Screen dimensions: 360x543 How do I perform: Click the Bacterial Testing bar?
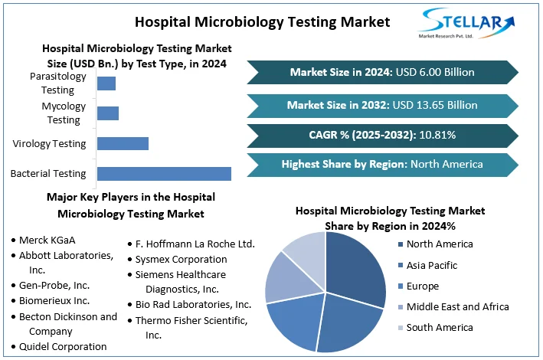click(163, 173)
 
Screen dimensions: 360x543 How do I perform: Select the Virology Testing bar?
click(123, 143)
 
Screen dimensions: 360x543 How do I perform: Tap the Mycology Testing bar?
click(107, 113)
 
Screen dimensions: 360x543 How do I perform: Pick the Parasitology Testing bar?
click(106, 83)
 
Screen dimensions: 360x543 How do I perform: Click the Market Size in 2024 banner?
click(382, 72)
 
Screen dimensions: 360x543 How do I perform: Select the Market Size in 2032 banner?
click(382, 105)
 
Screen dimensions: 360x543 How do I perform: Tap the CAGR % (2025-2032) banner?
click(382, 136)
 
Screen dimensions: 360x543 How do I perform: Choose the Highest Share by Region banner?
click(382, 164)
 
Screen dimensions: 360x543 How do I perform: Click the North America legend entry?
click(440, 244)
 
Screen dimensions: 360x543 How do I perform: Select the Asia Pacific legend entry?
click(432, 265)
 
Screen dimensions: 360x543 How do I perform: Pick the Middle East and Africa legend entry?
click(457, 307)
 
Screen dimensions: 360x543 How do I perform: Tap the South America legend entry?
click(439, 328)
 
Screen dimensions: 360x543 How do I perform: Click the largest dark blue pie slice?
click(356, 267)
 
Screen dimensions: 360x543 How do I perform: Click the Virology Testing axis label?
click(49, 143)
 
